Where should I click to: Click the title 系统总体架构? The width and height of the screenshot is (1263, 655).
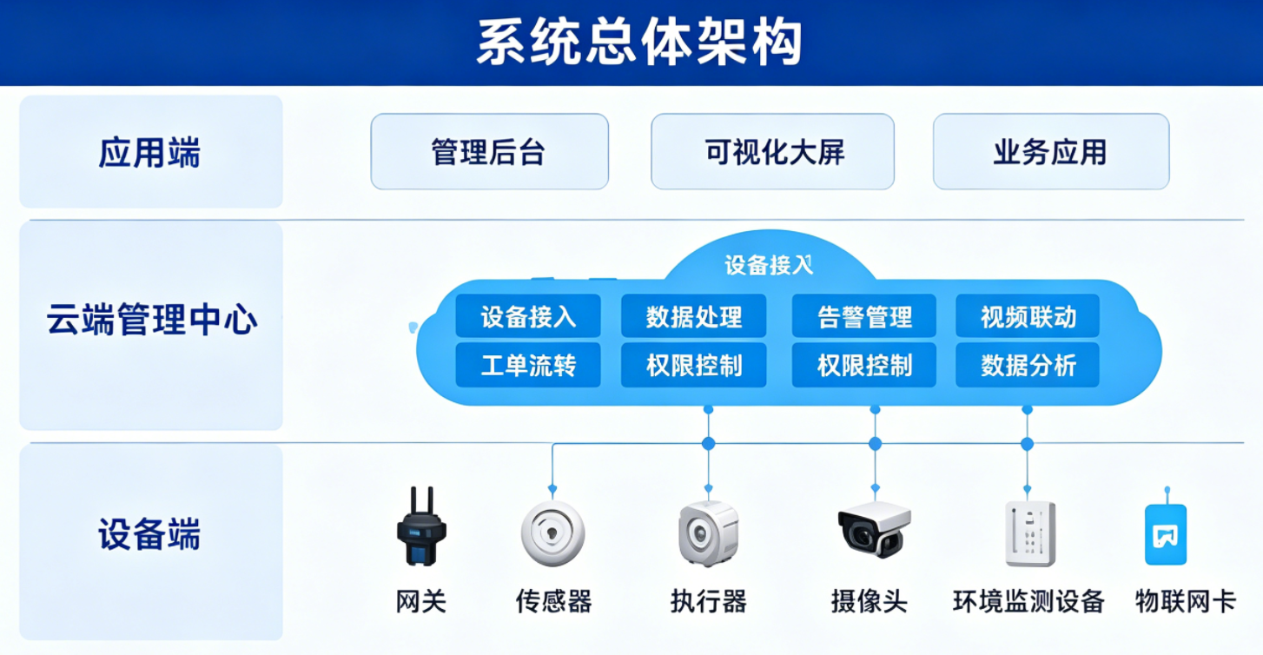[639, 43]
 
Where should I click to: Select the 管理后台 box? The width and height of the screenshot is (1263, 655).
[489, 152]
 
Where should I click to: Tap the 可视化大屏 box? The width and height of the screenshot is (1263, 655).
[772, 152]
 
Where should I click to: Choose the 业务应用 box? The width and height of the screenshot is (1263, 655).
[1051, 152]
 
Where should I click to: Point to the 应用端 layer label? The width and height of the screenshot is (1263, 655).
[149, 152]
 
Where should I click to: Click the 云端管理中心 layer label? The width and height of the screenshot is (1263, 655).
[152, 319]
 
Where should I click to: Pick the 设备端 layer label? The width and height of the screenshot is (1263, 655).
[149, 533]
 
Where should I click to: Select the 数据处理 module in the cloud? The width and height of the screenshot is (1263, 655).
[693, 315]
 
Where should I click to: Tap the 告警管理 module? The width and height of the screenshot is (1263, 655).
[863, 315]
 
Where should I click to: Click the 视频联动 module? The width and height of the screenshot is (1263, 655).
[1028, 315]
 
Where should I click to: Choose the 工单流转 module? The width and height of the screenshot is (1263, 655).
[528, 365]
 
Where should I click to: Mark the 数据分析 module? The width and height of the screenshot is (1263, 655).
[1028, 365]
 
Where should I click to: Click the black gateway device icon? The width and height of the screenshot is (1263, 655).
[421, 527]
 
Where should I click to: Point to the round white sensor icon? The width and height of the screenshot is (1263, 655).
[552, 533]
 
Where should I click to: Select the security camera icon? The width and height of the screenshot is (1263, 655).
[874, 530]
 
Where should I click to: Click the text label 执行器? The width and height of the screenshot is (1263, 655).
[708, 601]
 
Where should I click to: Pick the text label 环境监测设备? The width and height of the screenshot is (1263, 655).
[1028, 601]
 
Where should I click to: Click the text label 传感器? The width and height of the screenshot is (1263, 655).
[553, 601]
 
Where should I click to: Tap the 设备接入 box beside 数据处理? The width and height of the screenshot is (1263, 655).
[528, 315]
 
